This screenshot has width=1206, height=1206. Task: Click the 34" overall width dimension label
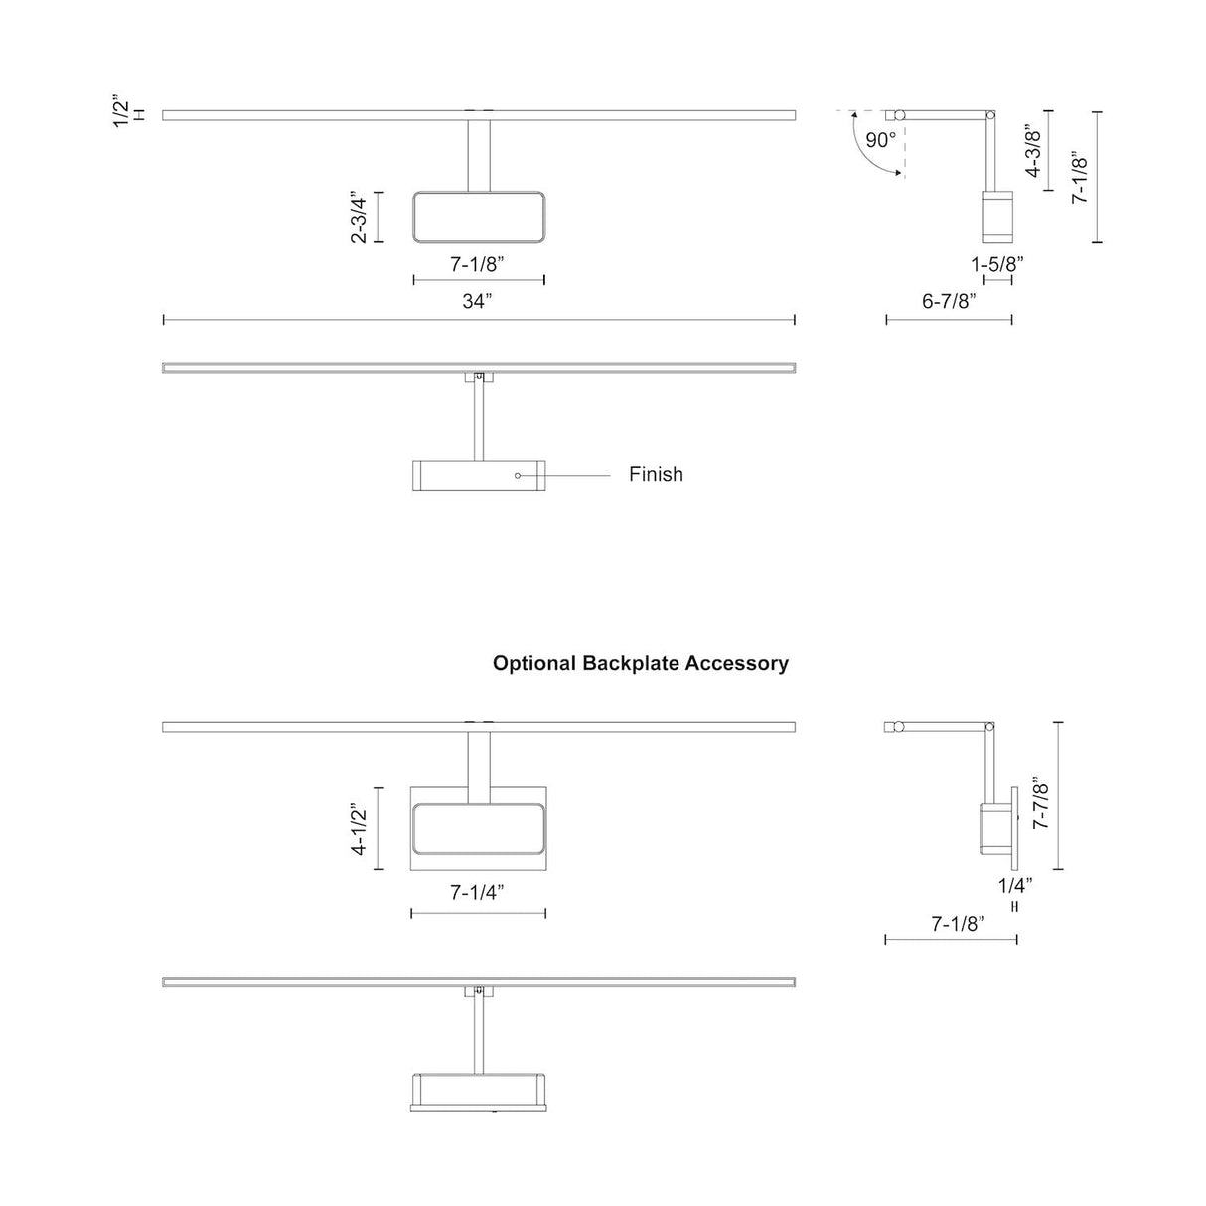(477, 301)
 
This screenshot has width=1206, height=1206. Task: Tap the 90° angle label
(880, 139)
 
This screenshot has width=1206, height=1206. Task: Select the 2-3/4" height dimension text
(359, 218)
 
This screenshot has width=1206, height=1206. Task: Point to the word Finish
(656, 474)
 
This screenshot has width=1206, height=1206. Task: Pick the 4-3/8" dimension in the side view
(1033, 151)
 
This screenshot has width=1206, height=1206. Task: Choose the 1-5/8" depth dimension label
(997, 264)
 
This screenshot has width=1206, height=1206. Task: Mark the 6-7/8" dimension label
(949, 301)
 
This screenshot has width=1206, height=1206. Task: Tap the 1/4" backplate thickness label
(1014, 885)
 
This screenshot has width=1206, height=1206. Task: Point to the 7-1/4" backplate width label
(477, 892)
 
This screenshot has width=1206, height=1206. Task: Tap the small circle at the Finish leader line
(518, 476)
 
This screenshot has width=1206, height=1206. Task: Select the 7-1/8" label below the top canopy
(477, 264)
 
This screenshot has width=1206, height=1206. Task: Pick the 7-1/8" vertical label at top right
(1080, 177)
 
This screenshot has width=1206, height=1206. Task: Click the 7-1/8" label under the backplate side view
(959, 923)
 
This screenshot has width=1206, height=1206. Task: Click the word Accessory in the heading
(737, 663)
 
